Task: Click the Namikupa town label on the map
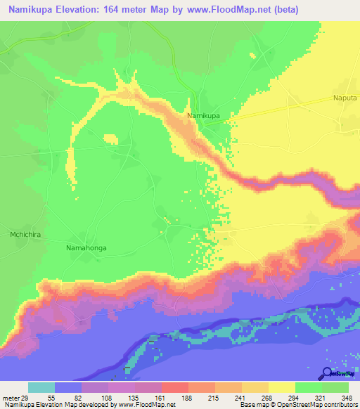pos(202,115)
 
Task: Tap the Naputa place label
pos(345,100)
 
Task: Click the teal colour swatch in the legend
pos(41,387)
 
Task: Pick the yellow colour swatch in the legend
pos(282,387)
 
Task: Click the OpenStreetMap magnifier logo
pos(327,374)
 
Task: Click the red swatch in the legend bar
pos(175,387)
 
